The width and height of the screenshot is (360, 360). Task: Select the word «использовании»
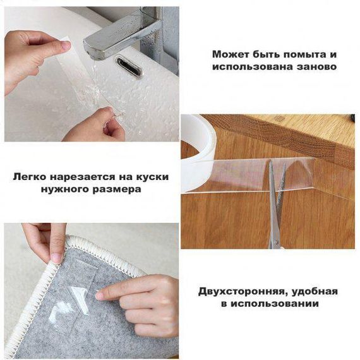point(275,304)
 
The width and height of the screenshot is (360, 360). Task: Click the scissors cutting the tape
point(277,205)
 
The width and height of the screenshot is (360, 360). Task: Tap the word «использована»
point(253,67)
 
